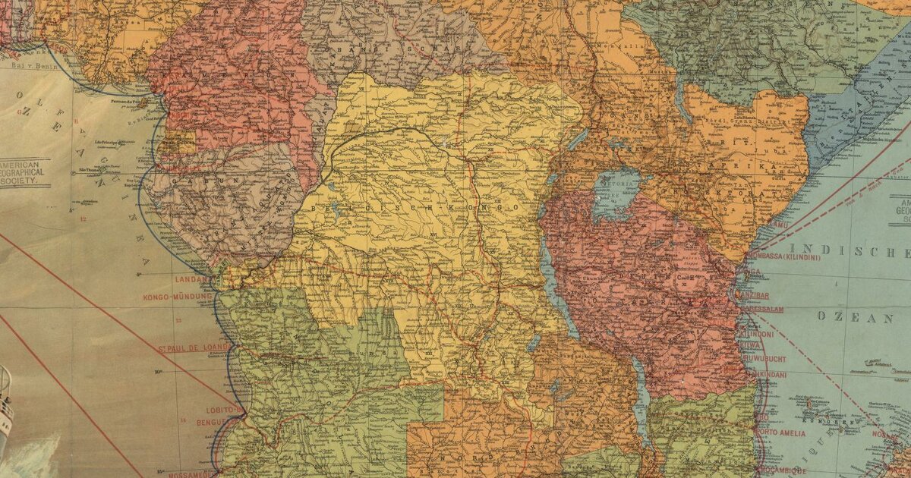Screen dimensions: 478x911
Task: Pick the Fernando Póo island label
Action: coord(129,100)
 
